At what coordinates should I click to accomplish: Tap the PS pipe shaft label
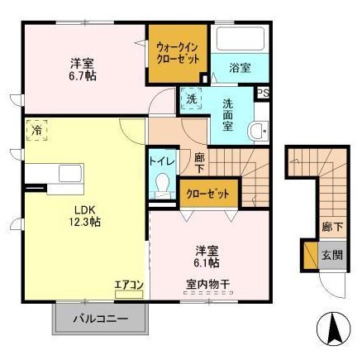pos(263,93)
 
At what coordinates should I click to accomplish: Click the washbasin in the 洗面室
pos(258,132)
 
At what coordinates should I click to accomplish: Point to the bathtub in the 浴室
pos(240,38)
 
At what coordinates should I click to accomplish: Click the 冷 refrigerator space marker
pos(36,130)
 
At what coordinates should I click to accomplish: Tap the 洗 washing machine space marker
pos(192,98)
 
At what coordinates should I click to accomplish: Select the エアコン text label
pos(129,285)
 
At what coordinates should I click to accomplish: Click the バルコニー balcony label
pos(101,319)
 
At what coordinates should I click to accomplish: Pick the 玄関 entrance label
pos(332,255)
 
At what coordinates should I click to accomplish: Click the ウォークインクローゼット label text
pos(178,54)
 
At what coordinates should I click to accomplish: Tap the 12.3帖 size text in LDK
pos(84,222)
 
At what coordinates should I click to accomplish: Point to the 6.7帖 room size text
pos(83,76)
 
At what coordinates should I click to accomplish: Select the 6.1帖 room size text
pos(207,263)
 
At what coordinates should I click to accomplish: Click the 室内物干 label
pos(208,284)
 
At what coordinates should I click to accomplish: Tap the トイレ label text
pos(163,161)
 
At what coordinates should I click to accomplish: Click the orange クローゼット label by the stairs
pos(208,194)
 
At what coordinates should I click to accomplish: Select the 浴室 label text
pos(240,68)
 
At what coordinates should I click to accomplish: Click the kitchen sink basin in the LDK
pos(71,173)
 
